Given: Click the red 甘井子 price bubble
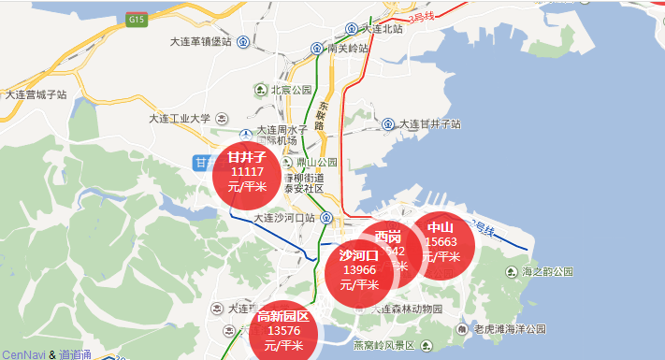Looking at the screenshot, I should pyautogui.click(x=247, y=172).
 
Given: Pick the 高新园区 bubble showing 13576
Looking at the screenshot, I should pyautogui.click(x=283, y=330).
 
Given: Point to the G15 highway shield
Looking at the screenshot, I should pyautogui.click(x=137, y=19).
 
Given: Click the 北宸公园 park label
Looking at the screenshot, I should pyautogui.click(x=290, y=90).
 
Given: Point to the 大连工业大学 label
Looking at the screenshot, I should pyautogui.click(x=180, y=119).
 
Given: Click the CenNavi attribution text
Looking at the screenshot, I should pyautogui.click(x=22, y=353).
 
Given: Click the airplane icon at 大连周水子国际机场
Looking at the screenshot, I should pyautogui.click(x=246, y=134).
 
